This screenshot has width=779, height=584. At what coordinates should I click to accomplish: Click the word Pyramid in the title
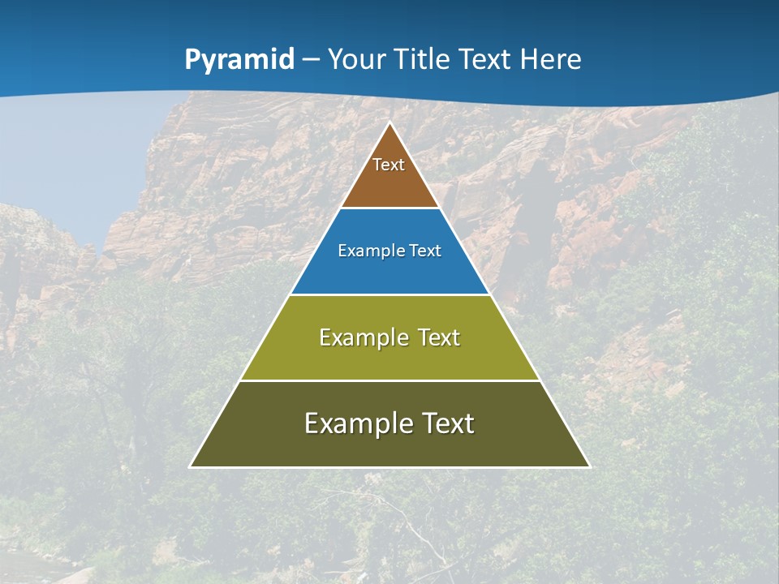239,60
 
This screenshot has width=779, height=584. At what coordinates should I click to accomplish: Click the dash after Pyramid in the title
311,60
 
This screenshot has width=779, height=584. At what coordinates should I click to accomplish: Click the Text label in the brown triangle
389,165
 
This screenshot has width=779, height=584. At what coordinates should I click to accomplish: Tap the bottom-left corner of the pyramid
191,466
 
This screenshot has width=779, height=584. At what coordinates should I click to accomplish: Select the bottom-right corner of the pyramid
589,466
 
